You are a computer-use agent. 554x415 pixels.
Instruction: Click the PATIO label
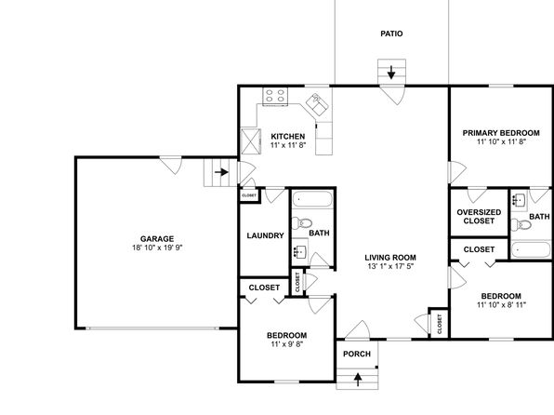[391, 33]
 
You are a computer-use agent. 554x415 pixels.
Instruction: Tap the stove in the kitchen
[275, 96]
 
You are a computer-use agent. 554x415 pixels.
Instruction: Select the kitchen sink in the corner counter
[317, 104]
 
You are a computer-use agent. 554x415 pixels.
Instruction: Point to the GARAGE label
[157, 239]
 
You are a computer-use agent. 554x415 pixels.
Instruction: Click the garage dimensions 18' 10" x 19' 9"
[157, 248]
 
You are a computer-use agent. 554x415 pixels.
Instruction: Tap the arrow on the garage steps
[221, 172]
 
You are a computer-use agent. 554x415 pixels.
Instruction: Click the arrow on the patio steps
[391, 73]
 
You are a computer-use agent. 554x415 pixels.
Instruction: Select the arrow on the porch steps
[358, 380]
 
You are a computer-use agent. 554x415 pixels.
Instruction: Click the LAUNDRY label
[265, 235]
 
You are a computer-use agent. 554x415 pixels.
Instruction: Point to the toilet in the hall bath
[302, 223]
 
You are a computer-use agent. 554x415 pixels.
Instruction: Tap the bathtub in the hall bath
[312, 199]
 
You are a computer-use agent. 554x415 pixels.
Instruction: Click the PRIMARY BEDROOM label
[501, 133]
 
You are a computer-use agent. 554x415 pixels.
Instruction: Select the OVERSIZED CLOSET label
[479, 217]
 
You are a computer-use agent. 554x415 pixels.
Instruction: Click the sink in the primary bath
[520, 201]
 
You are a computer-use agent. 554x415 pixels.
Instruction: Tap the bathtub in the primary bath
[531, 249]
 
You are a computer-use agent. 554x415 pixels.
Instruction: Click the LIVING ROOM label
[390, 258]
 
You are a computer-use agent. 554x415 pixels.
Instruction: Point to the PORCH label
[357, 354]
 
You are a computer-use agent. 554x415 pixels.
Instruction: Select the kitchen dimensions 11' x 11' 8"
[288, 145]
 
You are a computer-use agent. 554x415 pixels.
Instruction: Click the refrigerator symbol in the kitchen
[250, 141]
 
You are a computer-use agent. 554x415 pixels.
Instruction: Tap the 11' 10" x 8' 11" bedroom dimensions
[501, 304]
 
